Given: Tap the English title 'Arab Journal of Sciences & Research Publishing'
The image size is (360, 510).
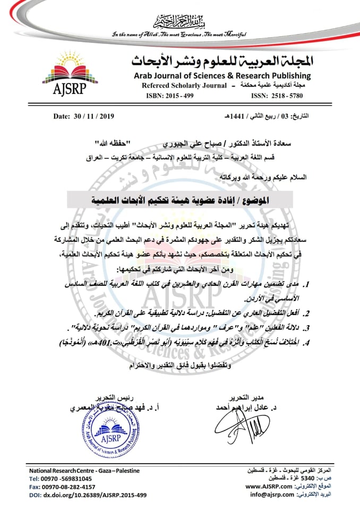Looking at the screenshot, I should pyautogui.click(x=222, y=76).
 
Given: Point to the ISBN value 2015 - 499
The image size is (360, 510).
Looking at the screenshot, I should pyautogui.click(x=183, y=96).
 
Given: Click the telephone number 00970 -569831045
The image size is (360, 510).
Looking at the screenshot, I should pyautogui.click(x=68, y=479).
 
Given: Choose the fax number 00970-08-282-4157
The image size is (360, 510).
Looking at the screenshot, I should pyautogui.click(x=70, y=487).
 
